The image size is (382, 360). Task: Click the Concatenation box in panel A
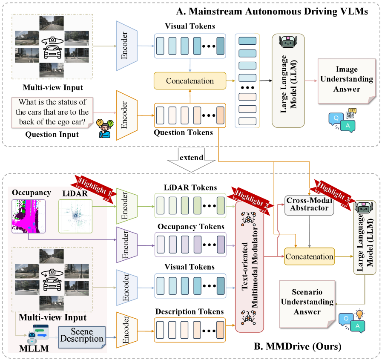(x=190, y=81)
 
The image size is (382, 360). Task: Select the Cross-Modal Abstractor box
(x=309, y=204)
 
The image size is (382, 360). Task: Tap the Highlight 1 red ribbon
(x=95, y=186)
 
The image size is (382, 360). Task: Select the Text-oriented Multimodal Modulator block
(x=250, y=268)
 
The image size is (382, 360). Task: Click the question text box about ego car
(x=52, y=112)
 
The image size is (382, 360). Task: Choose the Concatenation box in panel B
(x=309, y=257)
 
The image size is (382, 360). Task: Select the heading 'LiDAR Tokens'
(x=190, y=187)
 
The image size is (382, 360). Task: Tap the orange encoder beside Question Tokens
(x=125, y=115)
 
